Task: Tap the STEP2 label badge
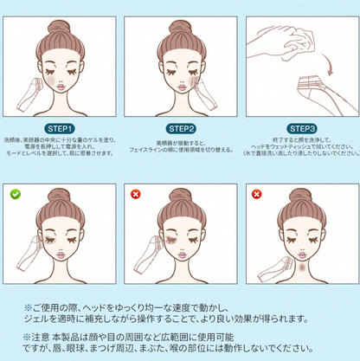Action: click(182, 127)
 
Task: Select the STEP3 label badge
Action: click(304, 127)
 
